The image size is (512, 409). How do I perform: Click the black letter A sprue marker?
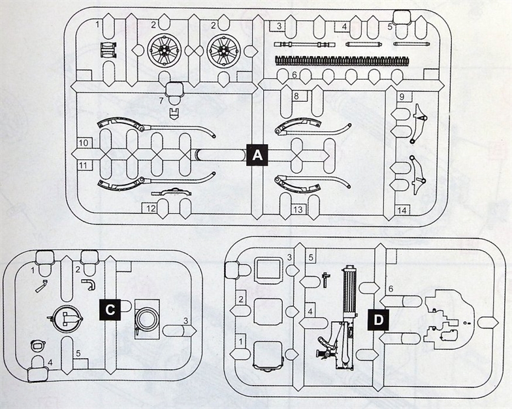coord(257,155)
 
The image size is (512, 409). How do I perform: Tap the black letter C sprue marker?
coord(109,310)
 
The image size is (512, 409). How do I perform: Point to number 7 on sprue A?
coord(161,100)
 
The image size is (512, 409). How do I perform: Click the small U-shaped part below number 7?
coord(173,114)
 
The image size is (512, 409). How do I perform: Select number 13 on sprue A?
coord(298,209)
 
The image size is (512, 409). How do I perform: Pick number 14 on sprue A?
coord(402,210)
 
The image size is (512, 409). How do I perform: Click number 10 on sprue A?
coord(84,142)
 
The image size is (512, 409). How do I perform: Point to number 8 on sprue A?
coord(296,96)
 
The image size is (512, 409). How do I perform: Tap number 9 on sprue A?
coord(402,97)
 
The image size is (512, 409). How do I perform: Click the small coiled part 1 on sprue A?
coord(108,50)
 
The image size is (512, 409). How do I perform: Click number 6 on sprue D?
coord(391,288)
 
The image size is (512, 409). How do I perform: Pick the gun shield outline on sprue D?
coord(448,319)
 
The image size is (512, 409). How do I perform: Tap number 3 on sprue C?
coord(186,320)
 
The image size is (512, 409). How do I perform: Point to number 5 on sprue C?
coord(78,354)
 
